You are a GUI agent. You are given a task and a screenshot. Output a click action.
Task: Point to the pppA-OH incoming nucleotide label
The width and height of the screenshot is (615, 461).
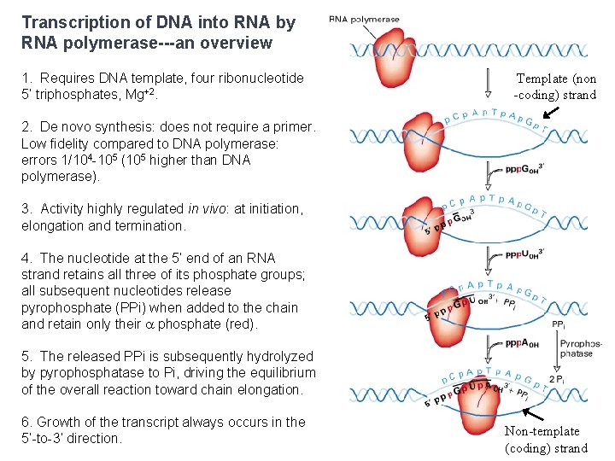[x=522, y=344]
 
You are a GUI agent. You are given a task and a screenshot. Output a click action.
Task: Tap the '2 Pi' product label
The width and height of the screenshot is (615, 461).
[x=560, y=379]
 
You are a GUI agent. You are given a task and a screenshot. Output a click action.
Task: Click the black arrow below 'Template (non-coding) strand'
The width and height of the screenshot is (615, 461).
[x=552, y=112]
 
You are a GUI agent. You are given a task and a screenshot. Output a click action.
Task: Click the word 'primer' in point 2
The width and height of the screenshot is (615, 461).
[x=293, y=127]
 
